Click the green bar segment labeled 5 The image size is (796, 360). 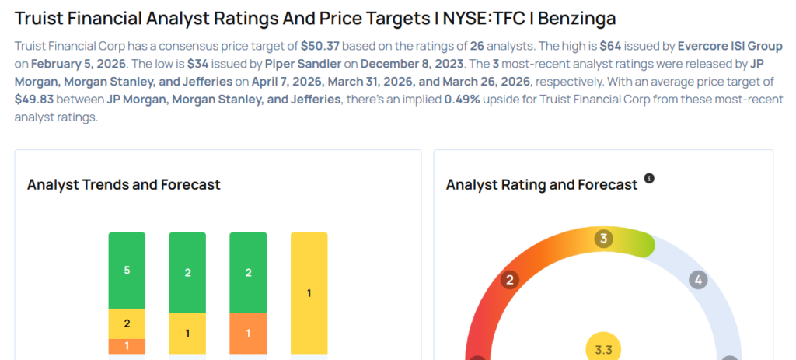pyautogui.click(x=127, y=270)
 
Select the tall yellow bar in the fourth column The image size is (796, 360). pyautogui.click(x=309, y=293)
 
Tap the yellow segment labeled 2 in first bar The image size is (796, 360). pyautogui.click(x=127, y=323)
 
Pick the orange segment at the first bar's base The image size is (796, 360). pyautogui.click(x=127, y=346)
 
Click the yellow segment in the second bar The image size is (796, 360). pyautogui.click(x=187, y=334)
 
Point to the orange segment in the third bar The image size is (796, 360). pyautogui.click(x=248, y=334)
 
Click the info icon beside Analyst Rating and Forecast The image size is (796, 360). pyautogui.click(x=650, y=179)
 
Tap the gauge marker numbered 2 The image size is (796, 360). pyautogui.click(x=510, y=280)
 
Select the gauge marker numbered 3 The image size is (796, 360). pyautogui.click(x=602, y=239)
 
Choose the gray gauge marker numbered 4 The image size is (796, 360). pyautogui.click(x=698, y=280)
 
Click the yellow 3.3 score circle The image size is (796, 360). pyautogui.click(x=603, y=349)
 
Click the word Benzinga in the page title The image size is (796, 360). pyautogui.click(x=581, y=17)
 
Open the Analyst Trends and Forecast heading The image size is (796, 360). pyautogui.click(x=124, y=185)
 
